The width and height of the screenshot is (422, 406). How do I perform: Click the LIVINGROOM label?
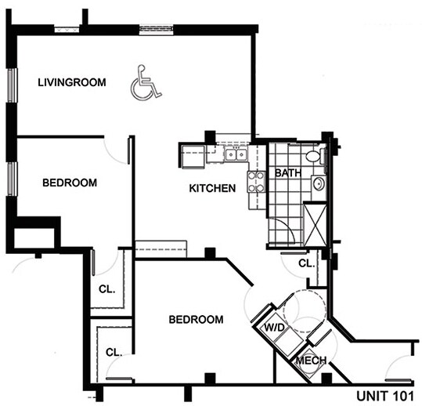[71, 82]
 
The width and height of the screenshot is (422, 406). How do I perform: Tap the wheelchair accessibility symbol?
[146, 82]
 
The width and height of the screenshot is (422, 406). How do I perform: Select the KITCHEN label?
[212, 188]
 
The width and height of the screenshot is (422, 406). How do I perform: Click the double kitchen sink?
[233, 154]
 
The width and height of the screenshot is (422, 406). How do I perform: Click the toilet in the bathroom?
[314, 156]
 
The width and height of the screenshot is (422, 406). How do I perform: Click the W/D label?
[273, 326]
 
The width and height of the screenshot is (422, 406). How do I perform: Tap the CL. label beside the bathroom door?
[306, 263]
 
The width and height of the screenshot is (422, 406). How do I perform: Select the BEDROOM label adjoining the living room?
[69, 183]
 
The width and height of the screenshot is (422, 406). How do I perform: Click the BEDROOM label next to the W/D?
[197, 320]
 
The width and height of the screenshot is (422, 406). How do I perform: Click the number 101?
[402, 393]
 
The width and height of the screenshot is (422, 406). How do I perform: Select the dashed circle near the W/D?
[298, 311]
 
